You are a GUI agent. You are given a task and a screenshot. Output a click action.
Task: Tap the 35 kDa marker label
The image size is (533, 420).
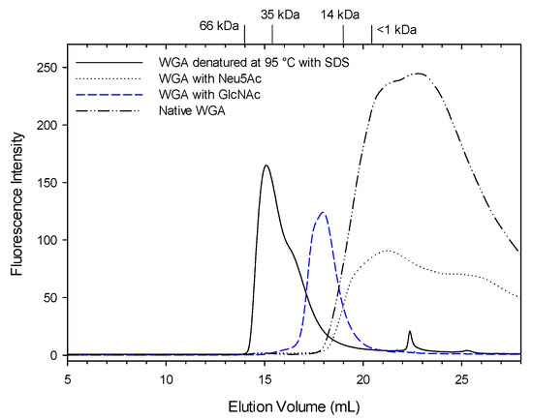click(x=281, y=15)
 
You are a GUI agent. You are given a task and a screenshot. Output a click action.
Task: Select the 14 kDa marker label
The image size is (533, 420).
click(x=339, y=15)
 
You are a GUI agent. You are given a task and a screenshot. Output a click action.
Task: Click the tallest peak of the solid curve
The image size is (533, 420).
click(x=266, y=165)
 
